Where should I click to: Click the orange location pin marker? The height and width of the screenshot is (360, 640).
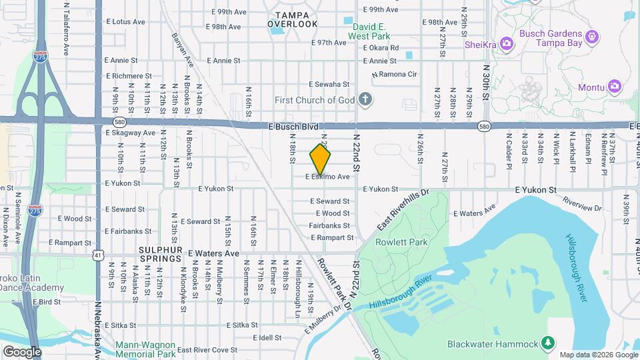pyautogui.click(x=321, y=159)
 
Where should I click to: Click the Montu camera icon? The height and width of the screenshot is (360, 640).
pyautogui.click(x=615, y=86)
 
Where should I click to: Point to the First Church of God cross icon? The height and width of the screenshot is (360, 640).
pyautogui.click(x=365, y=100)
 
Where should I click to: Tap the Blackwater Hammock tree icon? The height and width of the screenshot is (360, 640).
pyautogui.click(x=548, y=343)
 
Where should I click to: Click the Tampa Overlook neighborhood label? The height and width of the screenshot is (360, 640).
pyautogui.click(x=293, y=19)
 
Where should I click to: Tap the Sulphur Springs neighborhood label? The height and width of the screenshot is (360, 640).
pyautogui.click(x=160, y=253)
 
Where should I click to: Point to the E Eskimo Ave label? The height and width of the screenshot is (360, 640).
pyautogui.click(x=327, y=177)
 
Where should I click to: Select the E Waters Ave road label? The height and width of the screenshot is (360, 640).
pyautogui.click(x=213, y=253)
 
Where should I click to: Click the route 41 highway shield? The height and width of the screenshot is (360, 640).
pyautogui.click(x=98, y=255)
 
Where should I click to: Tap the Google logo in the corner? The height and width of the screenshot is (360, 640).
pyautogui.click(x=22, y=351)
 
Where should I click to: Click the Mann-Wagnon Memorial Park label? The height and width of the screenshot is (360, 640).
pyautogui.click(x=145, y=349)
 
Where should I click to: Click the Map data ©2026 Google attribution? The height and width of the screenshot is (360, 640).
pyautogui.click(x=598, y=355)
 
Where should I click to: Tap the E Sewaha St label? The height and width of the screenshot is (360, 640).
pyautogui.click(x=329, y=84)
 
